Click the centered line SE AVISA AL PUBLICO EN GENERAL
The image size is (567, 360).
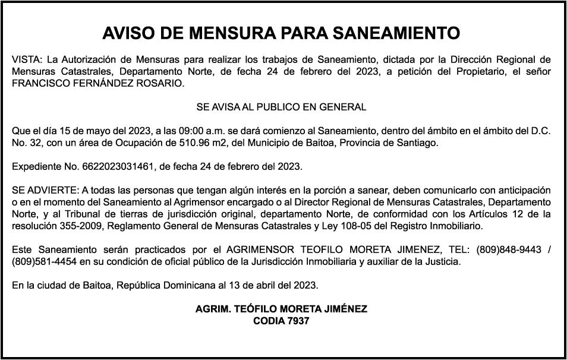click(x=281, y=108)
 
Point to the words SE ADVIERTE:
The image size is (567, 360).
click(x=45, y=191)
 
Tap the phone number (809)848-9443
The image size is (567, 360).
click(x=509, y=250)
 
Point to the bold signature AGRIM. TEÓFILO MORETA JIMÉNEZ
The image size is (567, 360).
click(x=281, y=310)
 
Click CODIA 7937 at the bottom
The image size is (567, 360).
click(x=281, y=321)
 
